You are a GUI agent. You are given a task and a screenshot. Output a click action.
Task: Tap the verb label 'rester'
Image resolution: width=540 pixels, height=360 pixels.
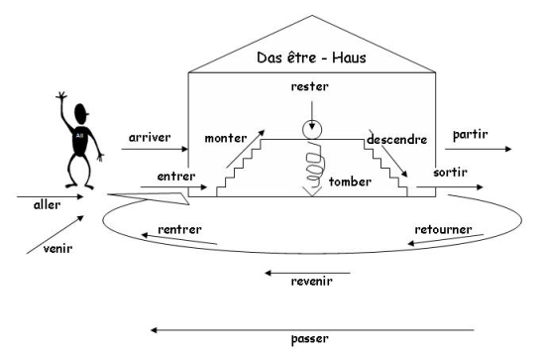[309, 86]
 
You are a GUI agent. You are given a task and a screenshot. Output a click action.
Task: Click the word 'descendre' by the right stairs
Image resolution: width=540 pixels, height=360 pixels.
[395, 141]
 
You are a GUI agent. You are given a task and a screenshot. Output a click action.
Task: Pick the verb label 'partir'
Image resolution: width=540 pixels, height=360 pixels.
[471, 133]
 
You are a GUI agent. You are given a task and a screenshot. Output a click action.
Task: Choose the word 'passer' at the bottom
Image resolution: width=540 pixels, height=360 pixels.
[311, 337]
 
